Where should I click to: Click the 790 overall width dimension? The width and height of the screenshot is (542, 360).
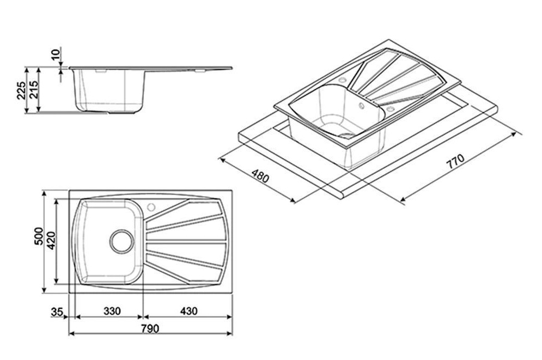[x=150, y=329]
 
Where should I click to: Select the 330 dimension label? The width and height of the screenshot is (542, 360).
[x=112, y=312]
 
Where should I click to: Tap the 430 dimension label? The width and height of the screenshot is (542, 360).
[x=188, y=312]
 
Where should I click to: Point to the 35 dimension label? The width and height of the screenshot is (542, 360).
[x=57, y=312]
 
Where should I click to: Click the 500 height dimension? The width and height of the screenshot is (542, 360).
[x=39, y=236]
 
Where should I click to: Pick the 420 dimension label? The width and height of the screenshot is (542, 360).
[x=51, y=241]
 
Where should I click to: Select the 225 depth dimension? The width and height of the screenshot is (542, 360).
[x=21, y=90]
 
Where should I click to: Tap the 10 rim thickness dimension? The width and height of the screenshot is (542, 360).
[x=56, y=54]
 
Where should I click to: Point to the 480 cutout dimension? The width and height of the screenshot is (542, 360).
[x=260, y=176]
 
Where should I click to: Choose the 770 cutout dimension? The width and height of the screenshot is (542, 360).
[x=455, y=162]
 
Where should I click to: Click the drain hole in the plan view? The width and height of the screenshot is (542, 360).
[x=121, y=241]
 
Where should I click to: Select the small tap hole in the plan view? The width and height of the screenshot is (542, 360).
[x=151, y=208]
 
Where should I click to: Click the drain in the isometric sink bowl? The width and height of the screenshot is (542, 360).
[x=346, y=135]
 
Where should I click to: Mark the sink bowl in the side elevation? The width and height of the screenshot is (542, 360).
[x=108, y=90]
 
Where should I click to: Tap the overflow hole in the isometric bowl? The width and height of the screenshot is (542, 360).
[x=362, y=105]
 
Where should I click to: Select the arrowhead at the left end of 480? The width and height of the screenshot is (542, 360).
[x=222, y=160]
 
